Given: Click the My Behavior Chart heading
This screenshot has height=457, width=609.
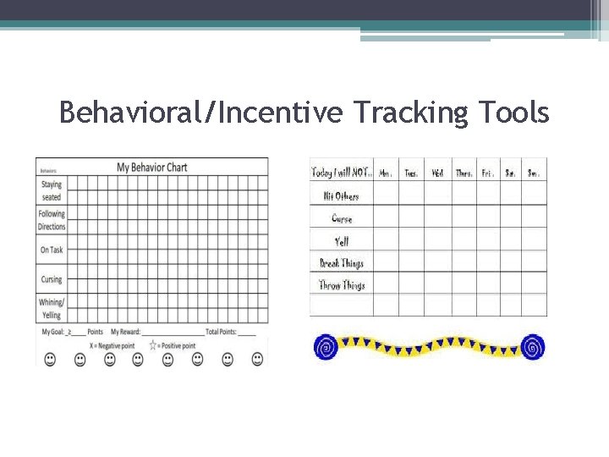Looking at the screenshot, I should pos(152,167).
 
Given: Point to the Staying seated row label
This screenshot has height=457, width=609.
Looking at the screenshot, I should pos(51,190).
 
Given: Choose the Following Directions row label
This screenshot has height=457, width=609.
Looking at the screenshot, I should pos(51,221).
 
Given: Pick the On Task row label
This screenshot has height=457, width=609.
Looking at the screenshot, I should pos(51,250).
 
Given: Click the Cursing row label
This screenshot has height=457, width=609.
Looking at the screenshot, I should pos(51,279).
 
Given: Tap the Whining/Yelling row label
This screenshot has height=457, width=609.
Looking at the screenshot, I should pos(51,309).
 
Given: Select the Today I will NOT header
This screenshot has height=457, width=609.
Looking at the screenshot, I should pos(342,173).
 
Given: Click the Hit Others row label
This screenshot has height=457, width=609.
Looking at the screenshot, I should pos(341,195).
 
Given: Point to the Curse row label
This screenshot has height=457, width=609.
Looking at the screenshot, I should pos(342,218).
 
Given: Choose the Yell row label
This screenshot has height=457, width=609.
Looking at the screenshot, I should pos(342,241).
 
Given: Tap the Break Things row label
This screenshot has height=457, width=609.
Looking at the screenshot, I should pos(342,263).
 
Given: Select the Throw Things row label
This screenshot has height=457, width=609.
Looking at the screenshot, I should pos(342,285).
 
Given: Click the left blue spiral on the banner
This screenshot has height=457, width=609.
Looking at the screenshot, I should pos(325,346).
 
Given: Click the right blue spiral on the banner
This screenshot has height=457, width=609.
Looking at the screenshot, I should pos(533,346).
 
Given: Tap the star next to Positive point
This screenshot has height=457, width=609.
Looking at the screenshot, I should pos(153,344).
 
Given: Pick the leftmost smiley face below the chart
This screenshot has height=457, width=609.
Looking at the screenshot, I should pos(50,360).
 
